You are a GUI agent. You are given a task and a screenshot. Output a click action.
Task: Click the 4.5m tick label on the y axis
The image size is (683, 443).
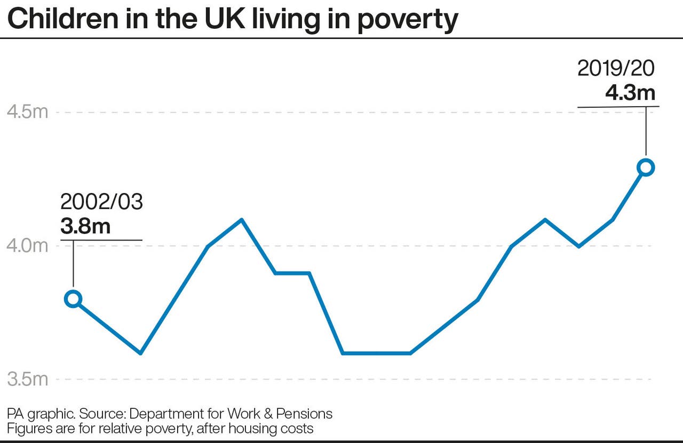click(27, 112)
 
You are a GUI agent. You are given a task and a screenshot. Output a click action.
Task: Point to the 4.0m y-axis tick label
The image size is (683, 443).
click(27, 246)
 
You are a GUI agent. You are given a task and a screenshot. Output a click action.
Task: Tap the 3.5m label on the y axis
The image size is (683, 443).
click(27, 379)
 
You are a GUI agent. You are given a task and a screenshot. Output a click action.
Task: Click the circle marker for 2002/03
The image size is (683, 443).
click(73, 299)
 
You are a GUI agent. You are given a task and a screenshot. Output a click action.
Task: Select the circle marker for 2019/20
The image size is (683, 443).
click(646, 167)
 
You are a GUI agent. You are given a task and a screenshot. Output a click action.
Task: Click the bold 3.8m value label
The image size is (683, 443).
click(85, 226)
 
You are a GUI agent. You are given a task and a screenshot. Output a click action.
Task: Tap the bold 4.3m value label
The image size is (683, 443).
click(630, 93)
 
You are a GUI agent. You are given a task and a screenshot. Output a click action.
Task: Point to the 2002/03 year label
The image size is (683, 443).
click(101, 203)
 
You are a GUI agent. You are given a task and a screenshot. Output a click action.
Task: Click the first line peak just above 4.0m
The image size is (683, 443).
click(242, 220)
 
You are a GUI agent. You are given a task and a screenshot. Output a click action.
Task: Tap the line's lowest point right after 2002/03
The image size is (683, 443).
click(140, 353)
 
